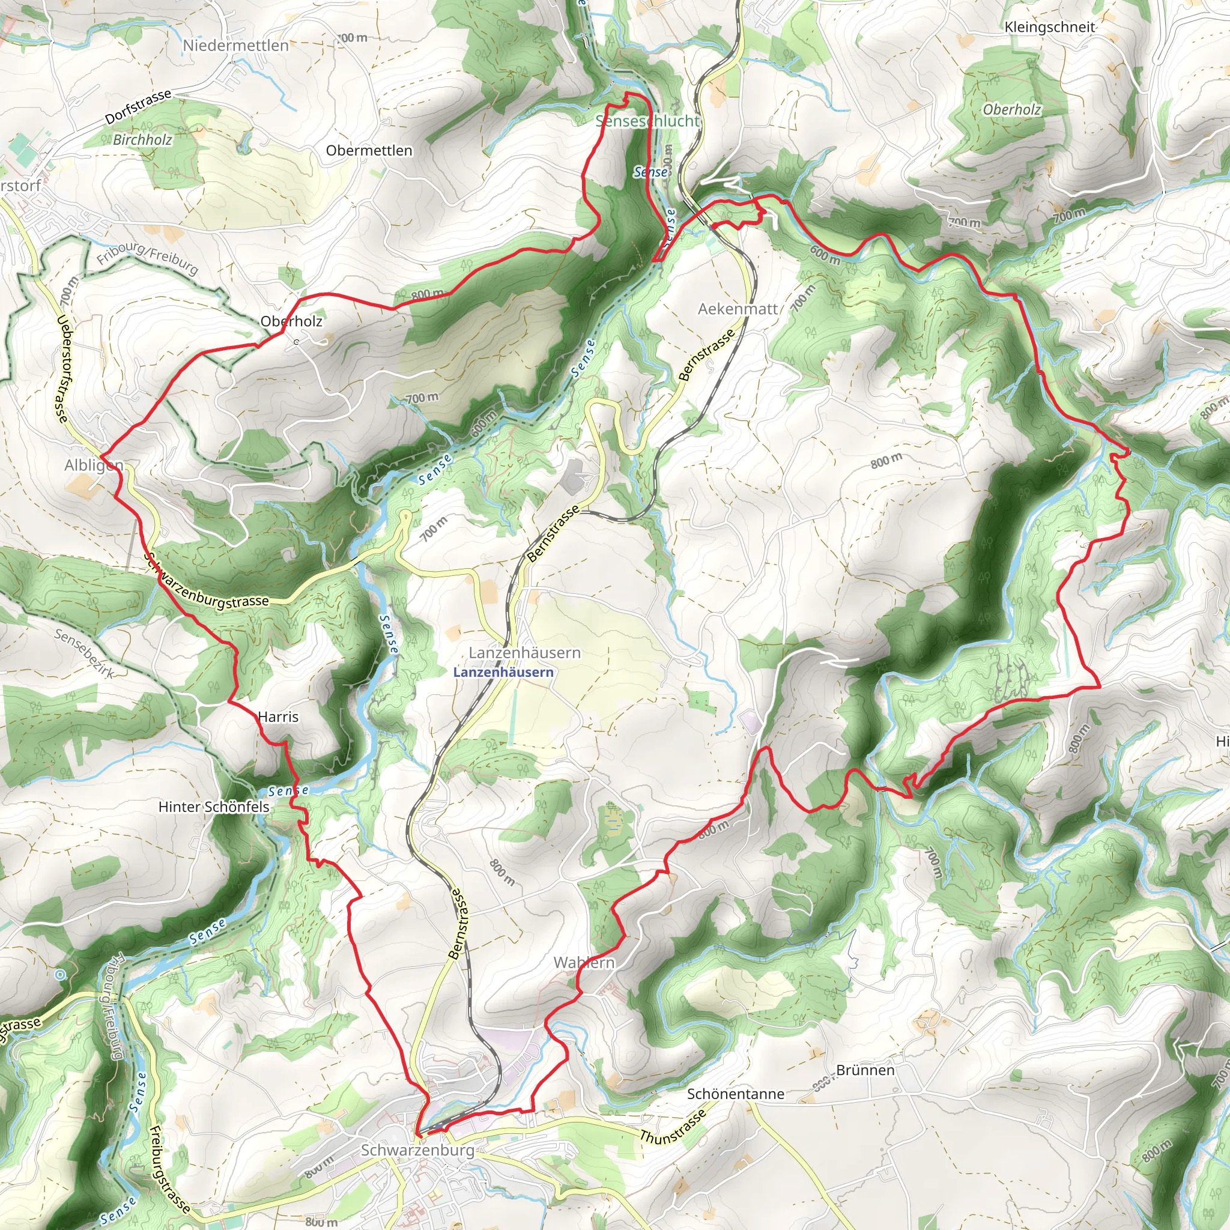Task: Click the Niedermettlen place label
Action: pyautogui.click(x=235, y=46)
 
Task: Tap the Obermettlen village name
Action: pyautogui.click(x=369, y=151)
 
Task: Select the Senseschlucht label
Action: pyautogui.click(x=647, y=121)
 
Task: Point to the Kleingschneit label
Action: pyautogui.click(x=1050, y=28)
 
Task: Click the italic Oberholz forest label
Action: pyautogui.click(x=1011, y=109)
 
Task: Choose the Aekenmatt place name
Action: pyautogui.click(x=738, y=309)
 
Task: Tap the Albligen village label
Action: pyautogui.click(x=94, y=465)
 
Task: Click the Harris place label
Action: pyautogui.click(x=278, y=717)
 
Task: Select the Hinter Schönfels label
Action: pyautogui.click(x=214, y=807)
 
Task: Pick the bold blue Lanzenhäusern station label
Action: pyautogui.click(x=503, y=672)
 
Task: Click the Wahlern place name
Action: pyautogui.click(x=584, y=963)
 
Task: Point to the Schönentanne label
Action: pyautogui.click(x=735, y=1094)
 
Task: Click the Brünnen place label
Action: pyautogui.click(x=865, y=1070)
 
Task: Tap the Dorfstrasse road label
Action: pyautogui.click(x=138, y=106)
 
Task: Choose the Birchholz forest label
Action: pyautogui.click(x=142, y=139)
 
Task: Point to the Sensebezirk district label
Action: pyautogui.click(x=84, y=653)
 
